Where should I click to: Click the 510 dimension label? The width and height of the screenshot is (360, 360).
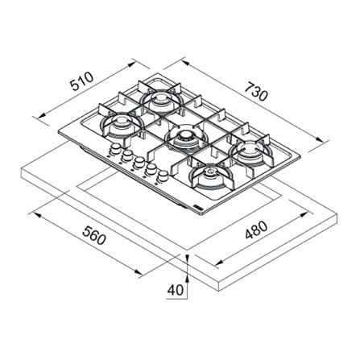click(81, 81)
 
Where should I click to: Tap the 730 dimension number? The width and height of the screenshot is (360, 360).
click(257, 92)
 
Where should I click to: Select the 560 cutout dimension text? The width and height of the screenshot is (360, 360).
click(94, 235)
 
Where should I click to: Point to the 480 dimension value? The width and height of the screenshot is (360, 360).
click(256, 230)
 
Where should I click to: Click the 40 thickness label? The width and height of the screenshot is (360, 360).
click(176, 290)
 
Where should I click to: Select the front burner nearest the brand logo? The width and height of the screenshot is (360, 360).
click(210, 176)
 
